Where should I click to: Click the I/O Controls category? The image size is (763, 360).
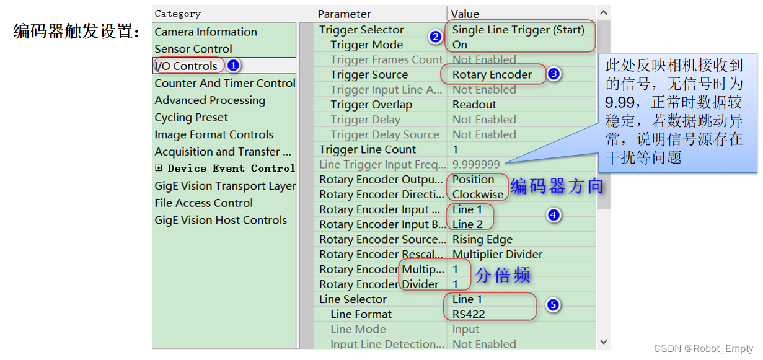click(x=186, y=66)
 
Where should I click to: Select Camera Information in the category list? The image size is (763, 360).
click(x=206, y=32)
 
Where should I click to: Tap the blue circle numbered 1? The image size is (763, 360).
click(x=232, y=65)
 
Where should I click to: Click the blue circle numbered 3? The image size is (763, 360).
click(x=554, y=74)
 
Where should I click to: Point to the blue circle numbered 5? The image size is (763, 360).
click(x=554, y=305)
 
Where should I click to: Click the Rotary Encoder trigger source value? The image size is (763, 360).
click(x=492, y=74)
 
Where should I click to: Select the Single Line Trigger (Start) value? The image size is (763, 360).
click(x=518, y=30)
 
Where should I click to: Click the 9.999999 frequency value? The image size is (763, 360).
click(x=476, y=164)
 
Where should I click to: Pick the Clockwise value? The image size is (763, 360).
click(x=478, y=194)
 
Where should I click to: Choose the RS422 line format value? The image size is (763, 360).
click(x=469, y=314)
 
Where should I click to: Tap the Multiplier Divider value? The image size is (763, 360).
click(x=497, y=254)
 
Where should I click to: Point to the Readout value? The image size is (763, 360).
click(x=474, y=105)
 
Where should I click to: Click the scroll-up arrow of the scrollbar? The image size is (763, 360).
click(x=603, y=13)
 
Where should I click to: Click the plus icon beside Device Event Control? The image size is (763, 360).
click(x=159, y=168)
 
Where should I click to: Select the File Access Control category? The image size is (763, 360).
click(x=203, y=203)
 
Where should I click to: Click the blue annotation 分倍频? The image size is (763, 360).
click(x=503, y=276)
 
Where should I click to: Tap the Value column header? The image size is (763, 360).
click(x=465, y=14)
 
